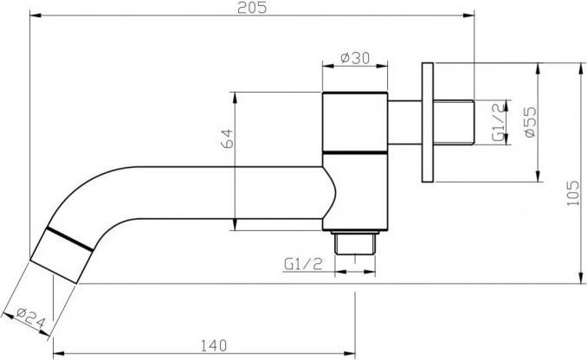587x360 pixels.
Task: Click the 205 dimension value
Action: (252, 8)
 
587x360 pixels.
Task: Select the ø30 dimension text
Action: (355, 58)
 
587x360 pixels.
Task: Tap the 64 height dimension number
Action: (227, 138)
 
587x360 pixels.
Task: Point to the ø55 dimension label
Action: (530, 122)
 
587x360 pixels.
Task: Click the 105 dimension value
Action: (573, 193)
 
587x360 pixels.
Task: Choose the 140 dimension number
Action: (214, 345)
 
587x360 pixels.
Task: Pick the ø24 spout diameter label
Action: (31, 317)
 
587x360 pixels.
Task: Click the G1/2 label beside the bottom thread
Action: (303, 264)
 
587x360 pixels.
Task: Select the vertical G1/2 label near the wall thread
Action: (499, 122)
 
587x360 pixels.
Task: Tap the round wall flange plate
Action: (428, 122)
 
